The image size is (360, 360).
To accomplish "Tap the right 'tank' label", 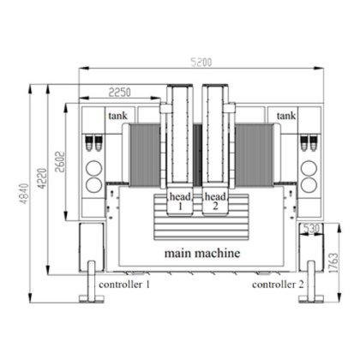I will click(x=285, y=115).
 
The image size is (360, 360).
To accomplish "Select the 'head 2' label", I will click(x=215, y=201).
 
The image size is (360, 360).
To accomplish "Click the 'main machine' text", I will click(x=201, y=255).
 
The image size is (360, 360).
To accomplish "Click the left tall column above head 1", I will click(x=182, y=137).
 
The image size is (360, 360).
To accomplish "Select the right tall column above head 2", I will click(x=216, y=137).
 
